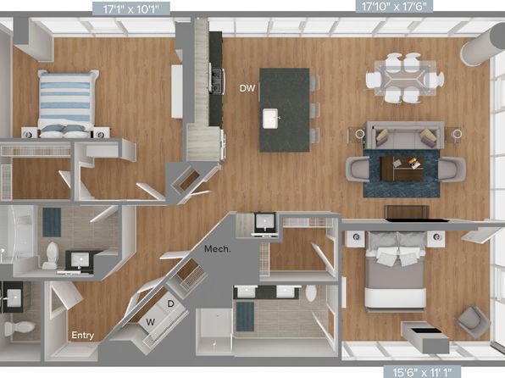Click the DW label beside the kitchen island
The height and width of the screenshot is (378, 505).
pyautogui.click(x=247, y=88)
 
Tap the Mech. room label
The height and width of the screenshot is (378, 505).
pyautogui.click(x=218, y=249)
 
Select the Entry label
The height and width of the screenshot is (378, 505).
pyautogui.click(x=83, y=336)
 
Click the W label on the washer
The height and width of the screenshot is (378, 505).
pyautogui.click(x=151, y=321)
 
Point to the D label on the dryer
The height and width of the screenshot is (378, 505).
pyautogui.click(x=171, y=303)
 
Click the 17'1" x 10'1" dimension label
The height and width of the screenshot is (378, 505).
pyautogui.click(x=131, y=9)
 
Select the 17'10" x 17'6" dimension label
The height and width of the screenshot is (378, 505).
pyautogui.click(x=394, y=7)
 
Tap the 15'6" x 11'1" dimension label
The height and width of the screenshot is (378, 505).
pyautogui.click(x=422, y=372)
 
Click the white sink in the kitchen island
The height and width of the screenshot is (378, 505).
pyautogui.click(x=271, y=119)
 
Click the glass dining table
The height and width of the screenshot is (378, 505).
pyautogui.click(x=405, y=78)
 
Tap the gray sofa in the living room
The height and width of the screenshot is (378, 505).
pyautogui.click(x=406, y=136)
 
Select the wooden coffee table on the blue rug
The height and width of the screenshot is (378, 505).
pyautogui.click(x=402, y=169)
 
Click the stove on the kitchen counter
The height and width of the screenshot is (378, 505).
pyautogui.click(x=217, y=81)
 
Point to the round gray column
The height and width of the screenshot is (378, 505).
pyautogui.click(x=480, y=47)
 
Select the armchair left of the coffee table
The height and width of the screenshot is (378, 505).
pyautogui.click(x=358, y=169)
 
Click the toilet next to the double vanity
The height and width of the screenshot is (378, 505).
pyautogui.click(x=311, y=293)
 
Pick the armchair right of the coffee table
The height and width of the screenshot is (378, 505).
pyautogui.click(x=452, y=170)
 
